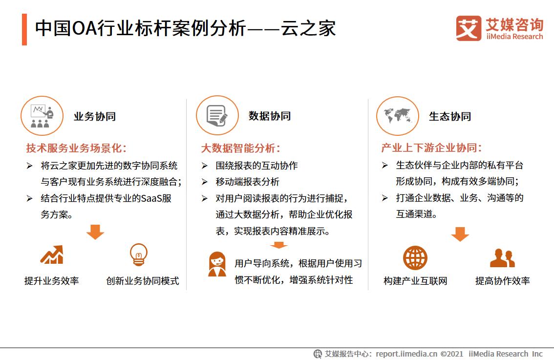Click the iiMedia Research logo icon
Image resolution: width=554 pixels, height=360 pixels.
pyautogui.click(x=468, y=28)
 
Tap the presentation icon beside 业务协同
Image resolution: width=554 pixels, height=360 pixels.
pyautogui.click(x=42, y=116)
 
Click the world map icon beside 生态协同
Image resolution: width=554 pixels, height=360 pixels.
pyautogui.click(x=398, y=116)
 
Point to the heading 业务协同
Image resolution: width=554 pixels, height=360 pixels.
pyautogui.click(x=95, y=116)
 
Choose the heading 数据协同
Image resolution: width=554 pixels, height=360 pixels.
pyautogui.click(x=270, y=116)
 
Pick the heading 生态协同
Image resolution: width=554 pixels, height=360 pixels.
pyautogui.click(x=450, y=116)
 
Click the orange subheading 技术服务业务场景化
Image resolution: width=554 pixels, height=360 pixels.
pyautogui.click(x=76, y=148)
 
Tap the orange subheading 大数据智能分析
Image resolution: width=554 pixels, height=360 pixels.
pyautogui.click(x=241, y=148)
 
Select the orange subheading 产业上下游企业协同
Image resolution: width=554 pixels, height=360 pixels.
pyautogui.click(x=431, y=148)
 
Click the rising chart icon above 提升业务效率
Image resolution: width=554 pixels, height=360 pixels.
pyautogui.click(x=52, y=255)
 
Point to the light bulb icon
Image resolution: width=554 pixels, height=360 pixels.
pyautogui.click(x=139, y=254)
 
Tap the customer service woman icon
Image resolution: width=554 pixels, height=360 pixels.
pyautogui.click(x=217, y=264)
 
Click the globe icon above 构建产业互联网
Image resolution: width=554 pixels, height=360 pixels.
pyautogui.click(x=415, y=258)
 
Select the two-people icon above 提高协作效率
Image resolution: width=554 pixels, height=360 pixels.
pyautogui.click(x=502, y=258)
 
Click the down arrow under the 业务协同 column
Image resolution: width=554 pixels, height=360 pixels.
pyautogui.click(x=95, y=232)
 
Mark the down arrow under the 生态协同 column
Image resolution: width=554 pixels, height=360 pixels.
pyautogui.click(x=460, y=234)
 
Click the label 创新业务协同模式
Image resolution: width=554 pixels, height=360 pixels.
pyautogui.click(x=143, y=281)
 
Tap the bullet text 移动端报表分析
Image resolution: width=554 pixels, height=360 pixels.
pyautogui.click(x=247, y=182)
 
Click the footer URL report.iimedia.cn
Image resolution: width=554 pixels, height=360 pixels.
pyautogui.click(x=407, y=354)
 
